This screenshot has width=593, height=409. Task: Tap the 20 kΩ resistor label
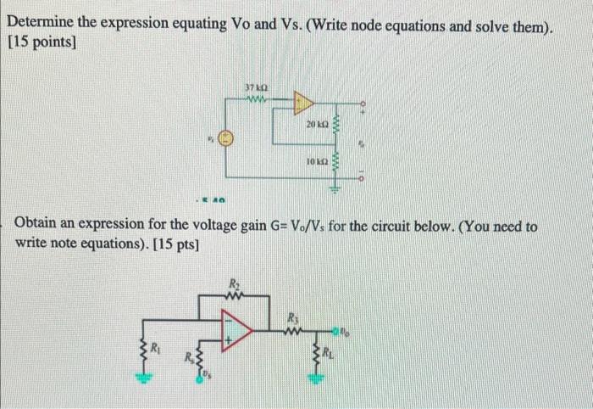tap(318, 125)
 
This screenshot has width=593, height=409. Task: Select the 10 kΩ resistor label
tap(318, 160)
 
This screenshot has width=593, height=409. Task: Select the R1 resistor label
tap(156, 347)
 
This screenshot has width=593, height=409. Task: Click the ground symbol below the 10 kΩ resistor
tap(335, 190)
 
